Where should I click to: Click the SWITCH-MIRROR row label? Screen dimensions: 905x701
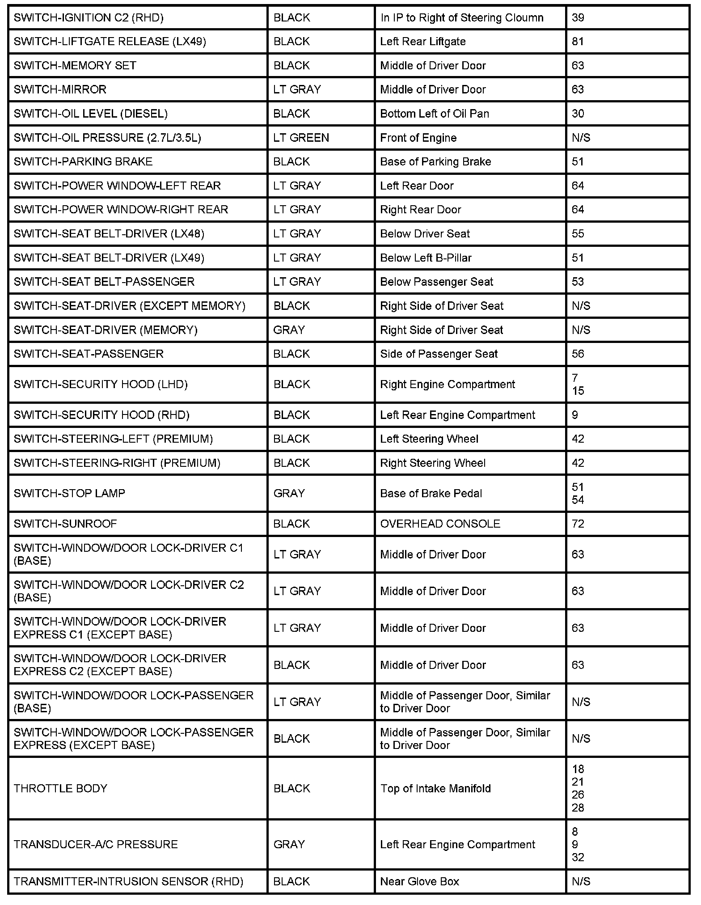(60, 89)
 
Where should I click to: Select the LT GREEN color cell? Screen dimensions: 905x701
(301, 138)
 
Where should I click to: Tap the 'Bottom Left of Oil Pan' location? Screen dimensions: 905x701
(434, 114)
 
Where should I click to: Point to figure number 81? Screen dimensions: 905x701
(578, 42)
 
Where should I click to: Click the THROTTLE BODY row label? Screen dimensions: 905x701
(60, 788)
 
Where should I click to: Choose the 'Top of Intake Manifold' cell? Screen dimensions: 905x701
(435, 788)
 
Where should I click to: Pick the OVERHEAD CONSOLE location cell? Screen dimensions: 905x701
(440, 524)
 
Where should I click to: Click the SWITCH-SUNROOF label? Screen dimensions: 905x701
(65, 524)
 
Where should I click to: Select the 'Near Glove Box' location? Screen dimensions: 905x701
(419, 881)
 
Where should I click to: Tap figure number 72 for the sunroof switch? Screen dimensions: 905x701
(578, 524)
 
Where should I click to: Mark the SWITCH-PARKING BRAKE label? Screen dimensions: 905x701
(83, 161)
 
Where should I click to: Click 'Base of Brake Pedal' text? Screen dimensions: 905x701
(431, 493)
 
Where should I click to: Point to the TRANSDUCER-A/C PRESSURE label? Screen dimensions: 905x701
(96, 844)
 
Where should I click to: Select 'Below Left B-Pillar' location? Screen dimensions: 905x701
(426, 258)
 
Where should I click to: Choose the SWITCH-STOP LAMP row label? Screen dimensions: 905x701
(69, 493)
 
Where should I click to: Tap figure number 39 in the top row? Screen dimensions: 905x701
(578, 17)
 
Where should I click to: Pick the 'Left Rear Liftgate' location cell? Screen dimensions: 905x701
(422, 42)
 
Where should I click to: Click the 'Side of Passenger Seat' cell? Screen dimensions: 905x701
(439, 354)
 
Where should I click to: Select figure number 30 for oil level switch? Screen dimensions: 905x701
(578, 114)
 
